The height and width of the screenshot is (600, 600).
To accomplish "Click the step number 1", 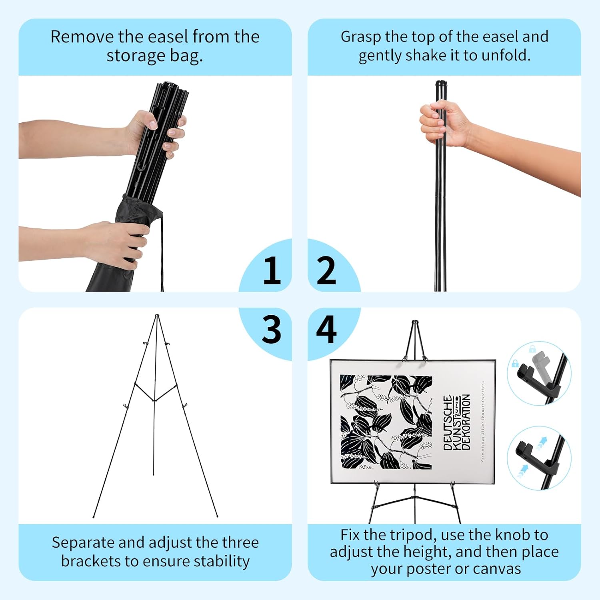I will (272, 271).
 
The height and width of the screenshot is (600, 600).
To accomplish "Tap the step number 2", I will (326, 271).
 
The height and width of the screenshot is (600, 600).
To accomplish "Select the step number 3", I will (272, 329).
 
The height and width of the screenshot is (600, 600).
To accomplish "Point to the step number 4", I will (326, 329).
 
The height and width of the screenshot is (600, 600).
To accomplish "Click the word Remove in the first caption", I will (82, 37).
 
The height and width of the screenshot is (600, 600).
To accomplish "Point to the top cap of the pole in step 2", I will (441, 84).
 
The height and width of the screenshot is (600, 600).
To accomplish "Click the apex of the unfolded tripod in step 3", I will (157, 316).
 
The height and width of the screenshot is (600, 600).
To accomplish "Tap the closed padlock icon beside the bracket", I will (515, 364).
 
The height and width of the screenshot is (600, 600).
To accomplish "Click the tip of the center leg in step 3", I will (154, 474).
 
